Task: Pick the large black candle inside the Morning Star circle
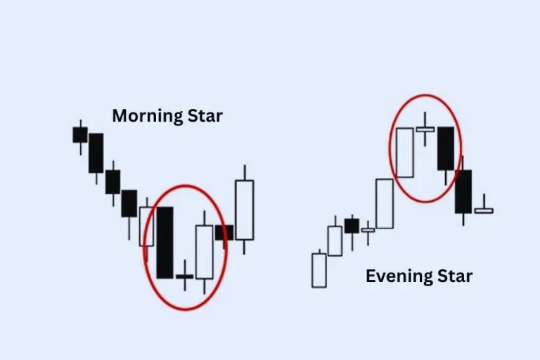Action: click(165, 242)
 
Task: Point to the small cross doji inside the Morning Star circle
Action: click(184, 276)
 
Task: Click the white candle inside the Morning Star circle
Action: click(204, 252)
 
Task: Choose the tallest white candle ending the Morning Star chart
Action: click(244, 210)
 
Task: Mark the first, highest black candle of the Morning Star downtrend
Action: click(80, 134)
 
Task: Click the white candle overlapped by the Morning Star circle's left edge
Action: click(146, 226)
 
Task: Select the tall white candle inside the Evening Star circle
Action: click(404, 152)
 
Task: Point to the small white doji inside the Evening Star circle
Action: click(425, 129)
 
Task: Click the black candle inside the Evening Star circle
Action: click(446, 148)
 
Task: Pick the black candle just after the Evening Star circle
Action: click(463, 191)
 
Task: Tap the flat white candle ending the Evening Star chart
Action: click(484, 210)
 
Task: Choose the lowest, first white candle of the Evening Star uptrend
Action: click(319, 270)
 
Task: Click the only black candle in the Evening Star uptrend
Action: click(352, 226)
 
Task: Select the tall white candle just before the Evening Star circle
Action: click(384, 203)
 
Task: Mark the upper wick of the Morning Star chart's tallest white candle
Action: click(244, 172)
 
